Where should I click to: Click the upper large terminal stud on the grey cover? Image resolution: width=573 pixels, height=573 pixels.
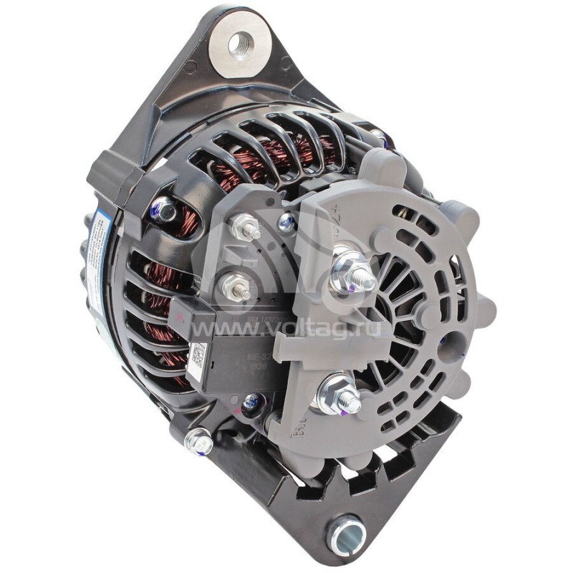pos(352,275)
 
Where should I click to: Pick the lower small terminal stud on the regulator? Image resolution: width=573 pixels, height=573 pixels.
pos(234,288)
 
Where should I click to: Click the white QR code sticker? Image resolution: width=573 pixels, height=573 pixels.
pos(196,355)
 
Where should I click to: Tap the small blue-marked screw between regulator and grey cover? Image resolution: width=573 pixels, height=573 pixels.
pos(287,222)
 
